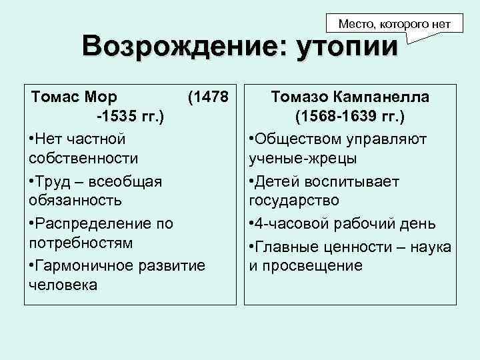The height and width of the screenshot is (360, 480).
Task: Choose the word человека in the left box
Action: (x=63, y=285)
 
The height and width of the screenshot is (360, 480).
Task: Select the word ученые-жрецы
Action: (x=302, y=159)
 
